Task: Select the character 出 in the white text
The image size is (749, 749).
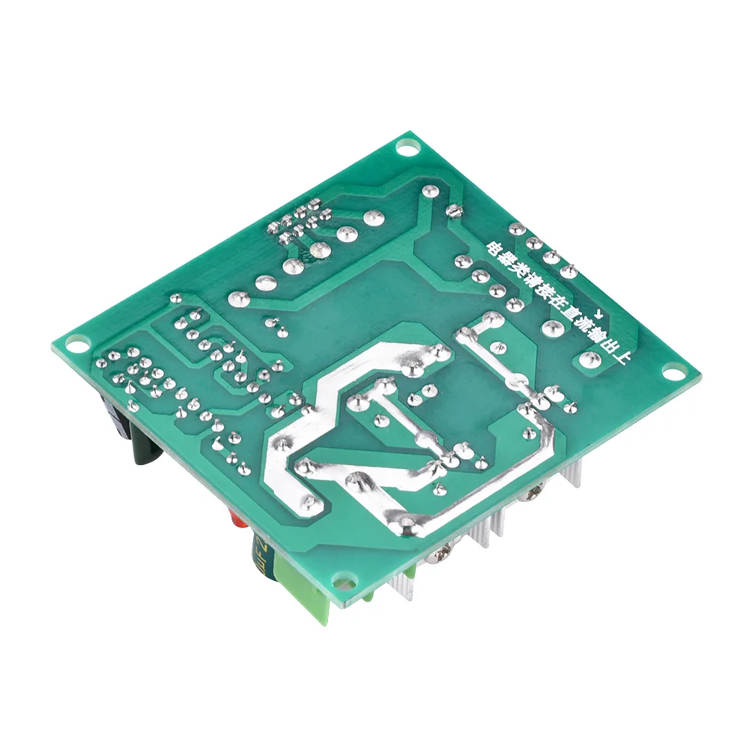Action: (x=611, y=347)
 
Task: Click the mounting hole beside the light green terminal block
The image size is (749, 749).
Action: (x=345, y=580)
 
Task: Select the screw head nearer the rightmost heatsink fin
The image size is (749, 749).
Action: (x=534, y=493)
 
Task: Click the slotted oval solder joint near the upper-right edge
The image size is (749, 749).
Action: (x=452, y=212)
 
